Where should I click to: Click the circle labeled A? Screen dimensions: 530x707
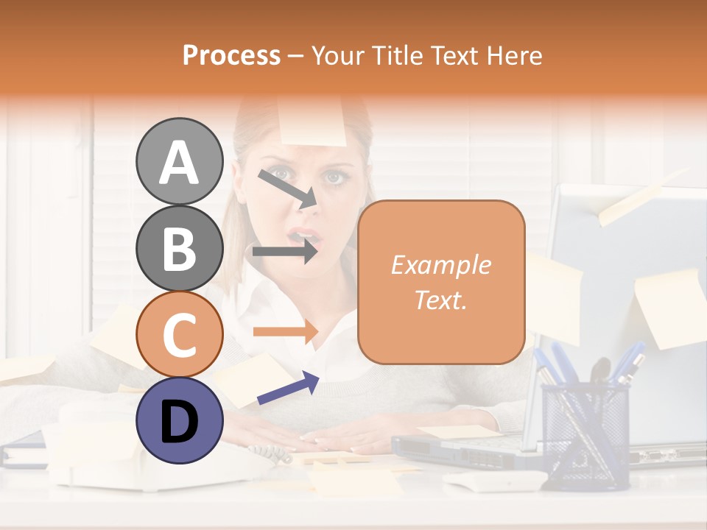tap(179, 162)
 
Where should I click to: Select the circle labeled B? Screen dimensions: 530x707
tap(179, 248)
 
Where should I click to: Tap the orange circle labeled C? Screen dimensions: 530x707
tap(179, 335)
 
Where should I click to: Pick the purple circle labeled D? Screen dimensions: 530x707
tap(179, 420)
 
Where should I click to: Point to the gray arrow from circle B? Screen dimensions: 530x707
tap(286, 252)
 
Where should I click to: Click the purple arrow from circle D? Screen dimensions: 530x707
tap(288, 388)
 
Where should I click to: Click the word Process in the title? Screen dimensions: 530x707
tap(231, 55)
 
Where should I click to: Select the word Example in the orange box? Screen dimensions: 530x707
tap(440, 265)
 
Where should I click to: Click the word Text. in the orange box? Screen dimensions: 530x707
tap(440, 300)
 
